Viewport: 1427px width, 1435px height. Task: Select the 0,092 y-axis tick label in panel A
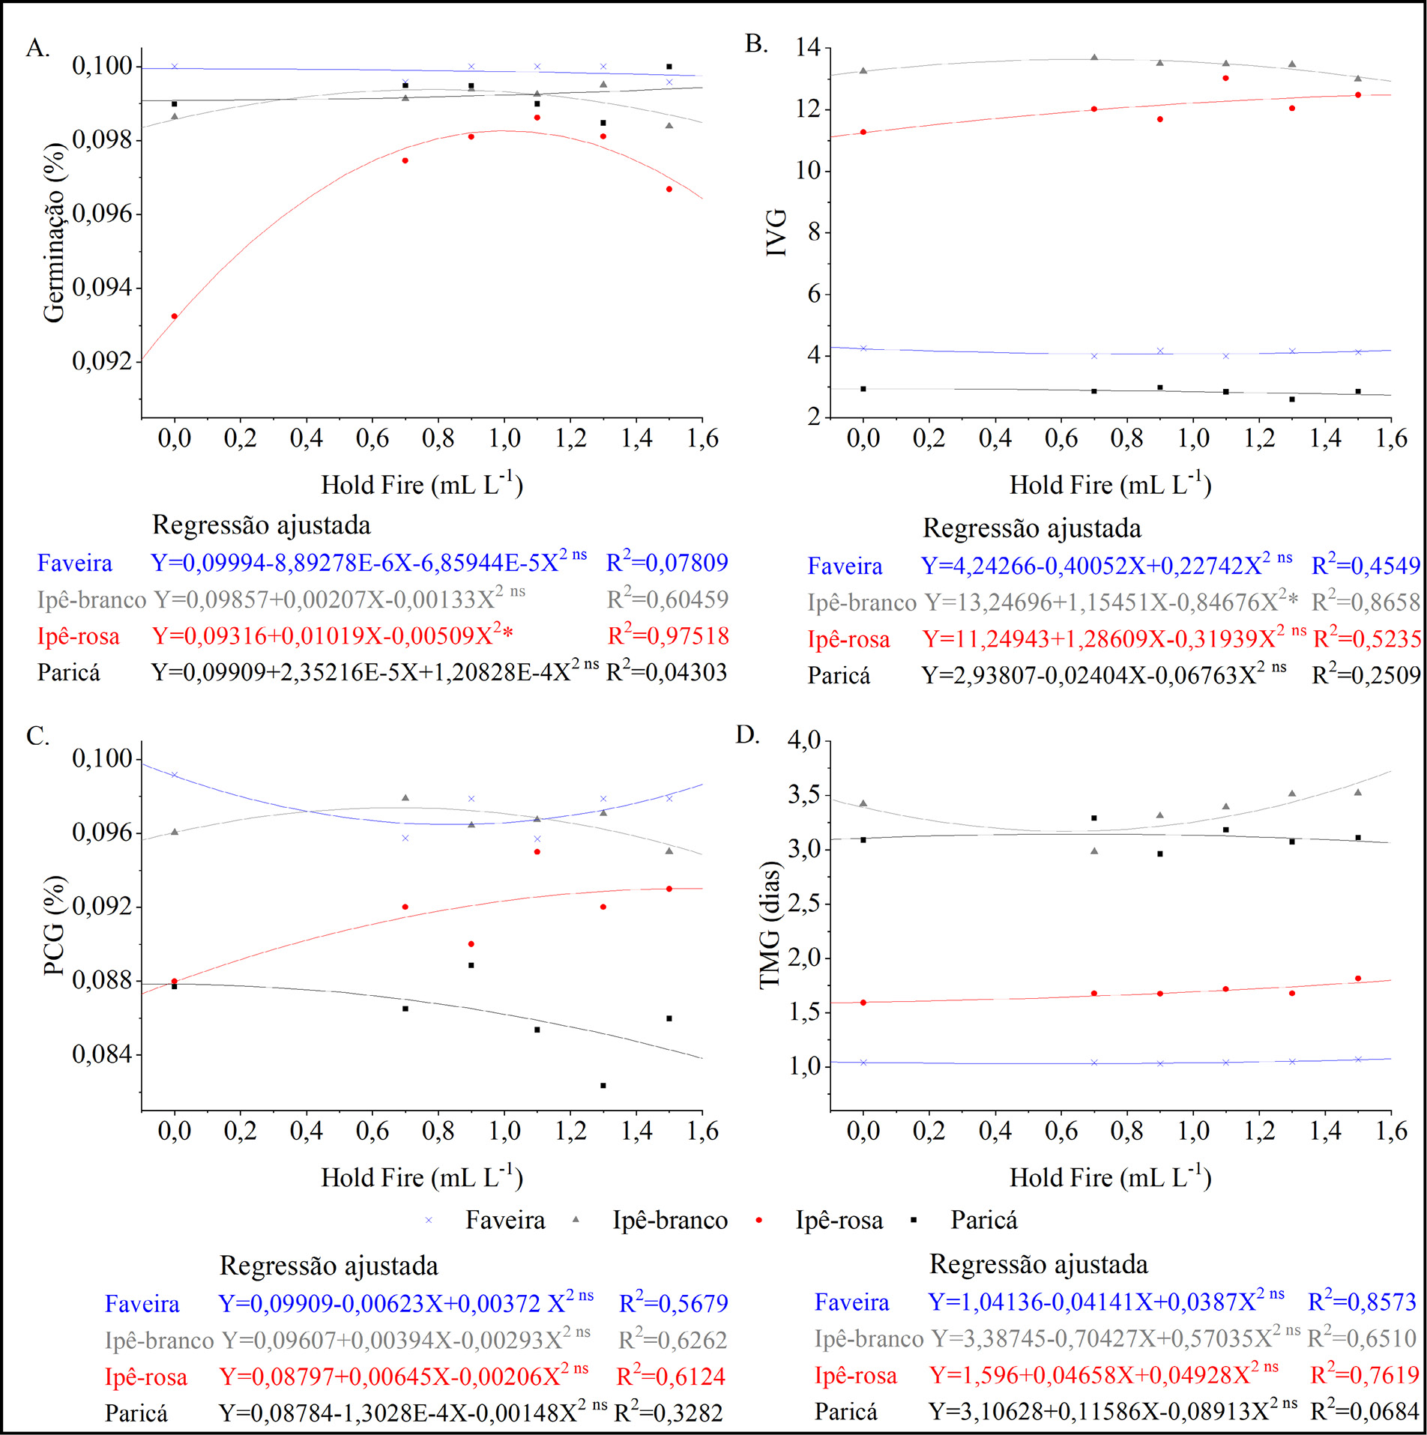[x=102, y=361]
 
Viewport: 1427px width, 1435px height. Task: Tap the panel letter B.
[x=756, y=44]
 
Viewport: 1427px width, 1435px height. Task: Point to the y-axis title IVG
[x=776, y=232]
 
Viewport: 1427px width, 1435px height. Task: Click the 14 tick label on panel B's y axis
[x=808, y=48]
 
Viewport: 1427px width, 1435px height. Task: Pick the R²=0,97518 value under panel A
[x=668, y=635]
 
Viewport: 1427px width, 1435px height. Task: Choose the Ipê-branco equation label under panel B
[x=862, y=602]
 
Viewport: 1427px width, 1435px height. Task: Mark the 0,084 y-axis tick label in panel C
[x=102, y=1054]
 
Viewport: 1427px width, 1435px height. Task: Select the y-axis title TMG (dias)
[x=770, y=925]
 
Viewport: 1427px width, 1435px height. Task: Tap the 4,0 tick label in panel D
[x=804, y=740]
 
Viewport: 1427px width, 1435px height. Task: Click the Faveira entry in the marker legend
[x=505, y=1220]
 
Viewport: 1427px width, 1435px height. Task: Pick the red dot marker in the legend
[x=759, y=1221]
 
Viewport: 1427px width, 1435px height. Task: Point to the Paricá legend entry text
[x=983, y=1220]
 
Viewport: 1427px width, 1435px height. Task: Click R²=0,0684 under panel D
[x=1364, y=1412]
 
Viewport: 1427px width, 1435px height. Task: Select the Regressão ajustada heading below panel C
[x=328, y=1266]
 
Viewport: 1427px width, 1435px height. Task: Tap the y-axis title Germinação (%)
[x=54, y=232]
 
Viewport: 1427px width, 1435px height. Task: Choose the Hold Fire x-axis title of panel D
[x=1110, y=1177]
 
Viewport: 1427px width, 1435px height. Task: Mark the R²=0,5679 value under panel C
[x=673, y=1303]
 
